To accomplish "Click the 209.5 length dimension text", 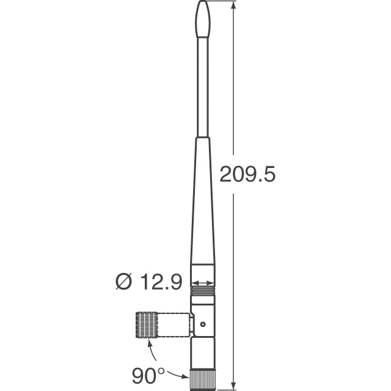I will pos(247,175).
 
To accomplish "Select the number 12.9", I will pos(161,282).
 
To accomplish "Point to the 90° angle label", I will pos(148,374).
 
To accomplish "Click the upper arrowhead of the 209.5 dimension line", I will pos(233,6).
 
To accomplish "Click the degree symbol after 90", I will pos(161,368).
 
